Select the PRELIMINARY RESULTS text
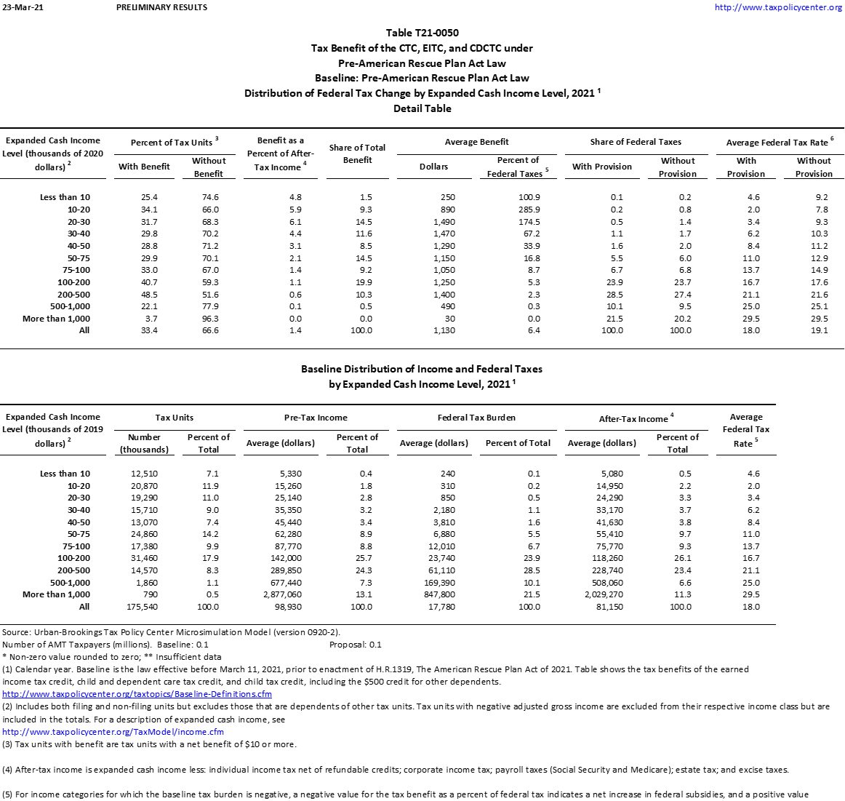coord(161,7)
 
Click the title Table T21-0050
coord(422,33)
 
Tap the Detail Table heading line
coord(422,108)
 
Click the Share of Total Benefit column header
coord(357,154)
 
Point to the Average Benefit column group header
coord(476,142)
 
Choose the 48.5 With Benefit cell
coord(148,295)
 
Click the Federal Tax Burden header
coord(476,418)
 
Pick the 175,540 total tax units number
coord(142,607)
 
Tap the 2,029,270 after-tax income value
coord(600,594)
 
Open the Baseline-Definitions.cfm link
coord(137,694)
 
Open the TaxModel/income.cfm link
coord(113,732)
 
